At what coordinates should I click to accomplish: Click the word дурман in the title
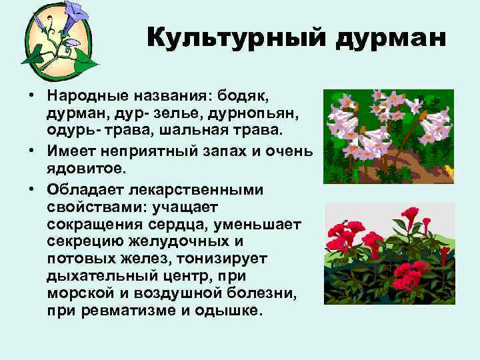click(x=391, y=39)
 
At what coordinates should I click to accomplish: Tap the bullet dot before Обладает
click(x=31, y=191)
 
